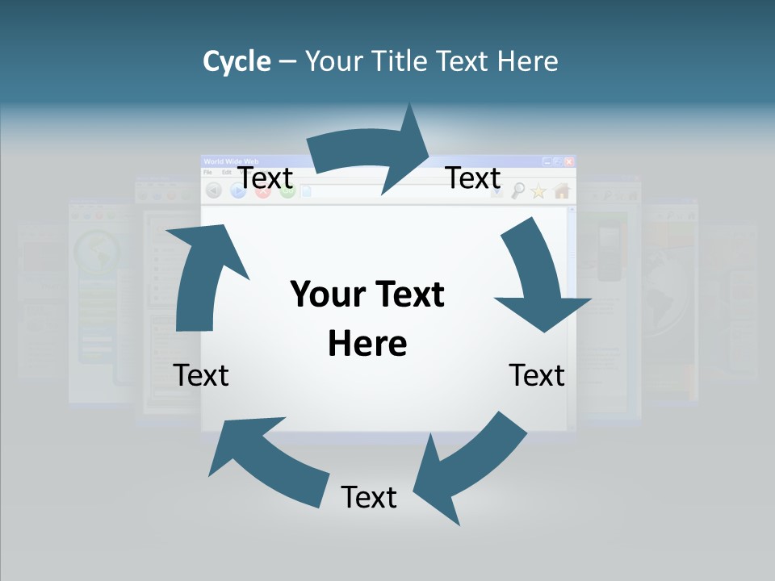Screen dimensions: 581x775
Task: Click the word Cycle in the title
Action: (x=237, y=61)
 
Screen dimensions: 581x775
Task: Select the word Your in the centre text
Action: (x=328, y=294)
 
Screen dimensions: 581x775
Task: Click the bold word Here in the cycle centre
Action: (x=367, y=343)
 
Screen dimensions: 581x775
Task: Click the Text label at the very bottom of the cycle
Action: (x=369, y=497)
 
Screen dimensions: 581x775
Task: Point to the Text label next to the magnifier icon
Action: (x=473, y=178)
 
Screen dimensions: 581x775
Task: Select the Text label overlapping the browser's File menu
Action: (x=266, y=178)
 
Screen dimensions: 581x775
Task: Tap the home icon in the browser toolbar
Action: (x=562, y=191)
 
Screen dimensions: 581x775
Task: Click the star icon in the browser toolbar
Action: (x=538, y=191)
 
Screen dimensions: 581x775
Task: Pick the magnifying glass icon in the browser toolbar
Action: (x=517, y=191)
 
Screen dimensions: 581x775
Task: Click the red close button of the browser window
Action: (x=569, y=161)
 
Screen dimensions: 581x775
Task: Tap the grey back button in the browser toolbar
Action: (x=214, y=190)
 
